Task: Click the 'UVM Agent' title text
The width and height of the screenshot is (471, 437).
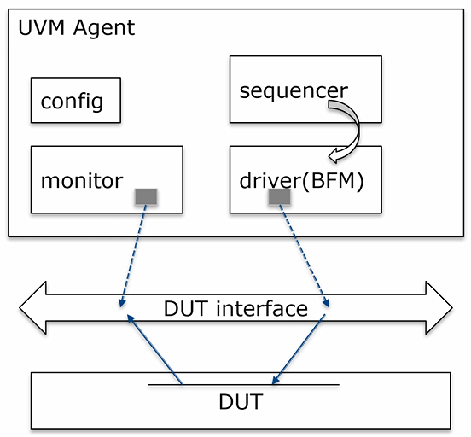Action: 76,27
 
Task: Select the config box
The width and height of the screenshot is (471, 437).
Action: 75,101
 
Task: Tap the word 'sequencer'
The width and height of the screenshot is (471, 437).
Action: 293,90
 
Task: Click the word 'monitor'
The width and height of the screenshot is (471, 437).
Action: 82,181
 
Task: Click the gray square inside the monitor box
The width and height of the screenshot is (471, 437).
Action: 146,196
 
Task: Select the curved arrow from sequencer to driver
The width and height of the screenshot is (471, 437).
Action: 350,128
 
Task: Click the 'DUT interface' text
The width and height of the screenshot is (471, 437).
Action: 235,307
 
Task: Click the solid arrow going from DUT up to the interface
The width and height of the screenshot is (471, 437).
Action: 154,350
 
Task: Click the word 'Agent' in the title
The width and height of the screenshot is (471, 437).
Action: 105,27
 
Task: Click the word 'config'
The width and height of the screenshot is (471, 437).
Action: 72,102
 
